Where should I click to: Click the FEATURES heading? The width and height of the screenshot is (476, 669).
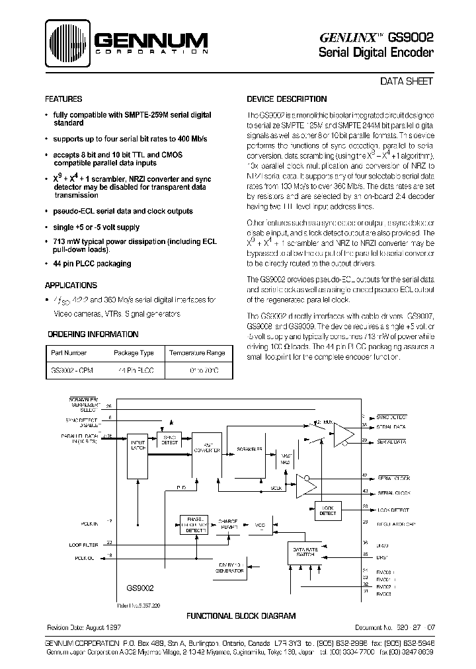pos(63,99)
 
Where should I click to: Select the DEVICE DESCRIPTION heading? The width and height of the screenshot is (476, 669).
pos(286,99)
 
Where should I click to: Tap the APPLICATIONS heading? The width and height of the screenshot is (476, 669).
pos(71,286)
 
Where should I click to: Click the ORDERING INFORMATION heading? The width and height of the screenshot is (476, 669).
pos(85,333)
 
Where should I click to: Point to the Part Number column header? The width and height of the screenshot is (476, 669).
pos(69,353)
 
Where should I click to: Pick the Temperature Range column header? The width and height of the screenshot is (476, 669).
pos(196,353)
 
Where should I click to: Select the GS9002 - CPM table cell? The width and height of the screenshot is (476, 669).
pos(72,372)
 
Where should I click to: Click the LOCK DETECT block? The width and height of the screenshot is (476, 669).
pos(327,510)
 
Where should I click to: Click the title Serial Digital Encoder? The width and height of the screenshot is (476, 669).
pos(376,54)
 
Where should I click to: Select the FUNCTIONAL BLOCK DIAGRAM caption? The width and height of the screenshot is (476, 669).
pos(240,615)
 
